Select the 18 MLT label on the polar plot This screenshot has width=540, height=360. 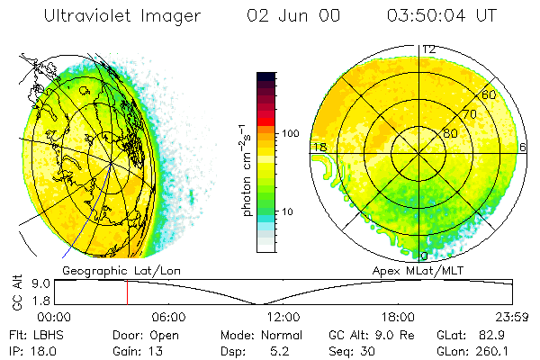[x=319, y=147]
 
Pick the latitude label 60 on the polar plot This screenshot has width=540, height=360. [x=490, y=94]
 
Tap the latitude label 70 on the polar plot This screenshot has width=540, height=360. [x=468, y=115]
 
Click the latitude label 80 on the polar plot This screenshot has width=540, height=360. [x=449, y=134]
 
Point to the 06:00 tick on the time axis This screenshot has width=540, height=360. [x=168, y=318]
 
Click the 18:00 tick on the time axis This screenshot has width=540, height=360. [x=398, y=318]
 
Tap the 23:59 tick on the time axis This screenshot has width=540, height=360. [x=512, y=318]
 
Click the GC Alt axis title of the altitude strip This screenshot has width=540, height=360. [x=17, y=292]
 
